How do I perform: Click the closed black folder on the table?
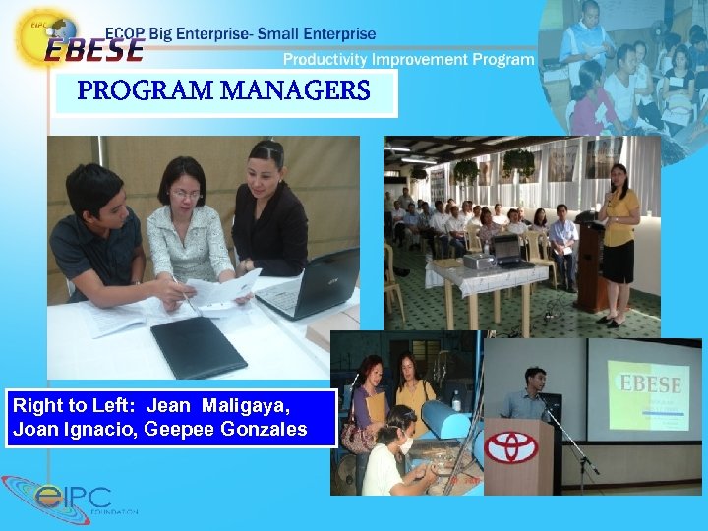197,346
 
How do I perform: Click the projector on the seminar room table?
479,260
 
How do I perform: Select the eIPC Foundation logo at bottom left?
69,499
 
